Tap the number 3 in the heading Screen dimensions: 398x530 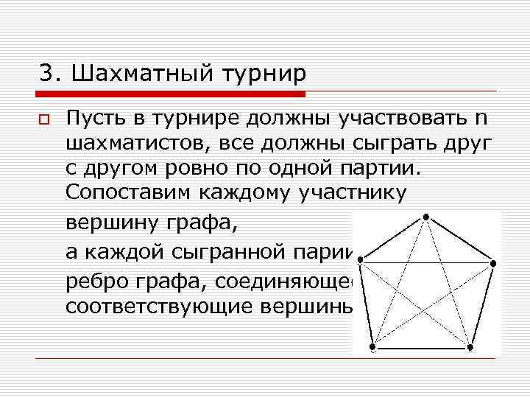coord(46,74)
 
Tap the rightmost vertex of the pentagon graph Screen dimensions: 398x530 coord(493,263)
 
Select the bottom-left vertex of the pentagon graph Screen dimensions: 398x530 coord(373,346)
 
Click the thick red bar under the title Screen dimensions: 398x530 coord(170,94)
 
